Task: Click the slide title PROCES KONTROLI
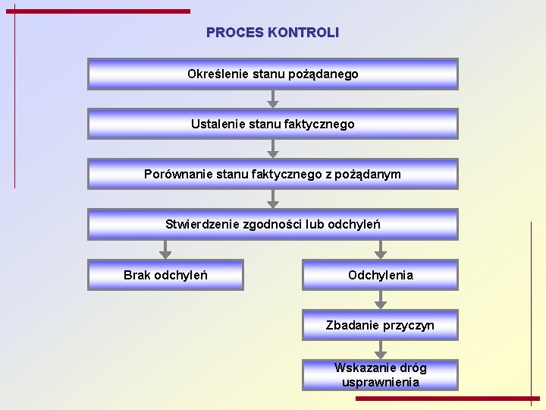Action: click(x=272, y=33)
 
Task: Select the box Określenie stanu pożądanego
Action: click(x=272, y=74)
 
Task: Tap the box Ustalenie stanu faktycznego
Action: click(x=272, y=124)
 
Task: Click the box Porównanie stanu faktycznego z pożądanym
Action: click(x=272, y=174)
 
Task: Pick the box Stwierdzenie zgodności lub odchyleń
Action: click(x=272, y=224)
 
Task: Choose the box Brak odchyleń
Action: click(x=165, y=275)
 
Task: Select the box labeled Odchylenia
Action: click(x=380, y=275)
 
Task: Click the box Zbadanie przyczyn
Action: click(x=380, y=325)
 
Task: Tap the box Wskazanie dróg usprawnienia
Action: click(x=380, y=375)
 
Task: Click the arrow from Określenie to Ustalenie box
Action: click(x=273, y=99)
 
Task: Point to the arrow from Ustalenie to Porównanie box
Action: click(x=273, y=149)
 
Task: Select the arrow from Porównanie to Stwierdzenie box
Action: click(x=273, y=199)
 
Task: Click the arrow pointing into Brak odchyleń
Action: click(x=165, y=250)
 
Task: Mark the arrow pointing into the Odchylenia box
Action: click(x=381, y=250)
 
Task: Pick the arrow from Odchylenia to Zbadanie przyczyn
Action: click(x=381, y=300)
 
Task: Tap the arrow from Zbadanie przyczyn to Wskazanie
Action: click(x=381, y=350)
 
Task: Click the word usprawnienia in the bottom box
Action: click(x=380, y=382)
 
